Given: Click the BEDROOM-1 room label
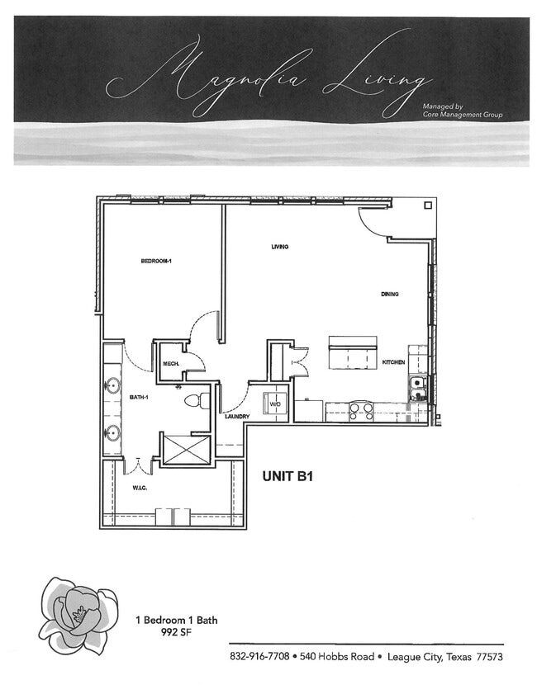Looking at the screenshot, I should coord(155,262).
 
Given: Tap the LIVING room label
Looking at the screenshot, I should coord(279,247).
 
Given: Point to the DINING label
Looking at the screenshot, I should coord(390,294).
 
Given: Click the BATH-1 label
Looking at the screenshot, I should coord(138,398).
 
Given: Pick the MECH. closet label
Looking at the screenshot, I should coord(171,364).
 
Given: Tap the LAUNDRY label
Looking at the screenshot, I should coord(236,417).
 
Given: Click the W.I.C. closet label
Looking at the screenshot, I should coord(140,487).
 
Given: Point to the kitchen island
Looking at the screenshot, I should coord(353,355).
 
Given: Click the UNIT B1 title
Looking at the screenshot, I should coord(287,476).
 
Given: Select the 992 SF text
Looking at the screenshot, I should coord(177,633).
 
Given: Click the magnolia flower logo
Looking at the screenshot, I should coord(77,615).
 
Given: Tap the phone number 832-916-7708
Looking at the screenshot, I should coord(259,657).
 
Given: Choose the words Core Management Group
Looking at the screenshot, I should coord(462,115).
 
